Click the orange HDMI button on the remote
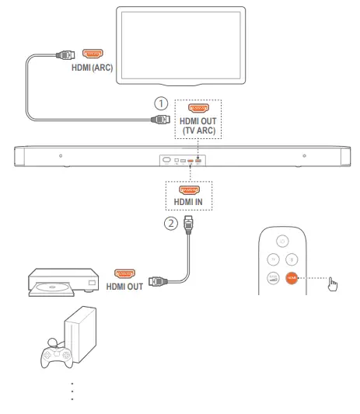pyautogui.click(x=292, y=277)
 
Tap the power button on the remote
pyautogui.click(x=281, y=239)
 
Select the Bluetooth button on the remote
pyautogui.click(x=292, y=259)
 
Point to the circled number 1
pyautogui.click(x=161, y=103)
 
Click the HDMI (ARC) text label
pyautogui.click(x=92, y=68)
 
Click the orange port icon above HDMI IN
pyautogui.click(x=188, y=189)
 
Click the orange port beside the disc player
pyautogui.click(x=124, y=273)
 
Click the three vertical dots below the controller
pyautogui.click(x=72, y=391)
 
